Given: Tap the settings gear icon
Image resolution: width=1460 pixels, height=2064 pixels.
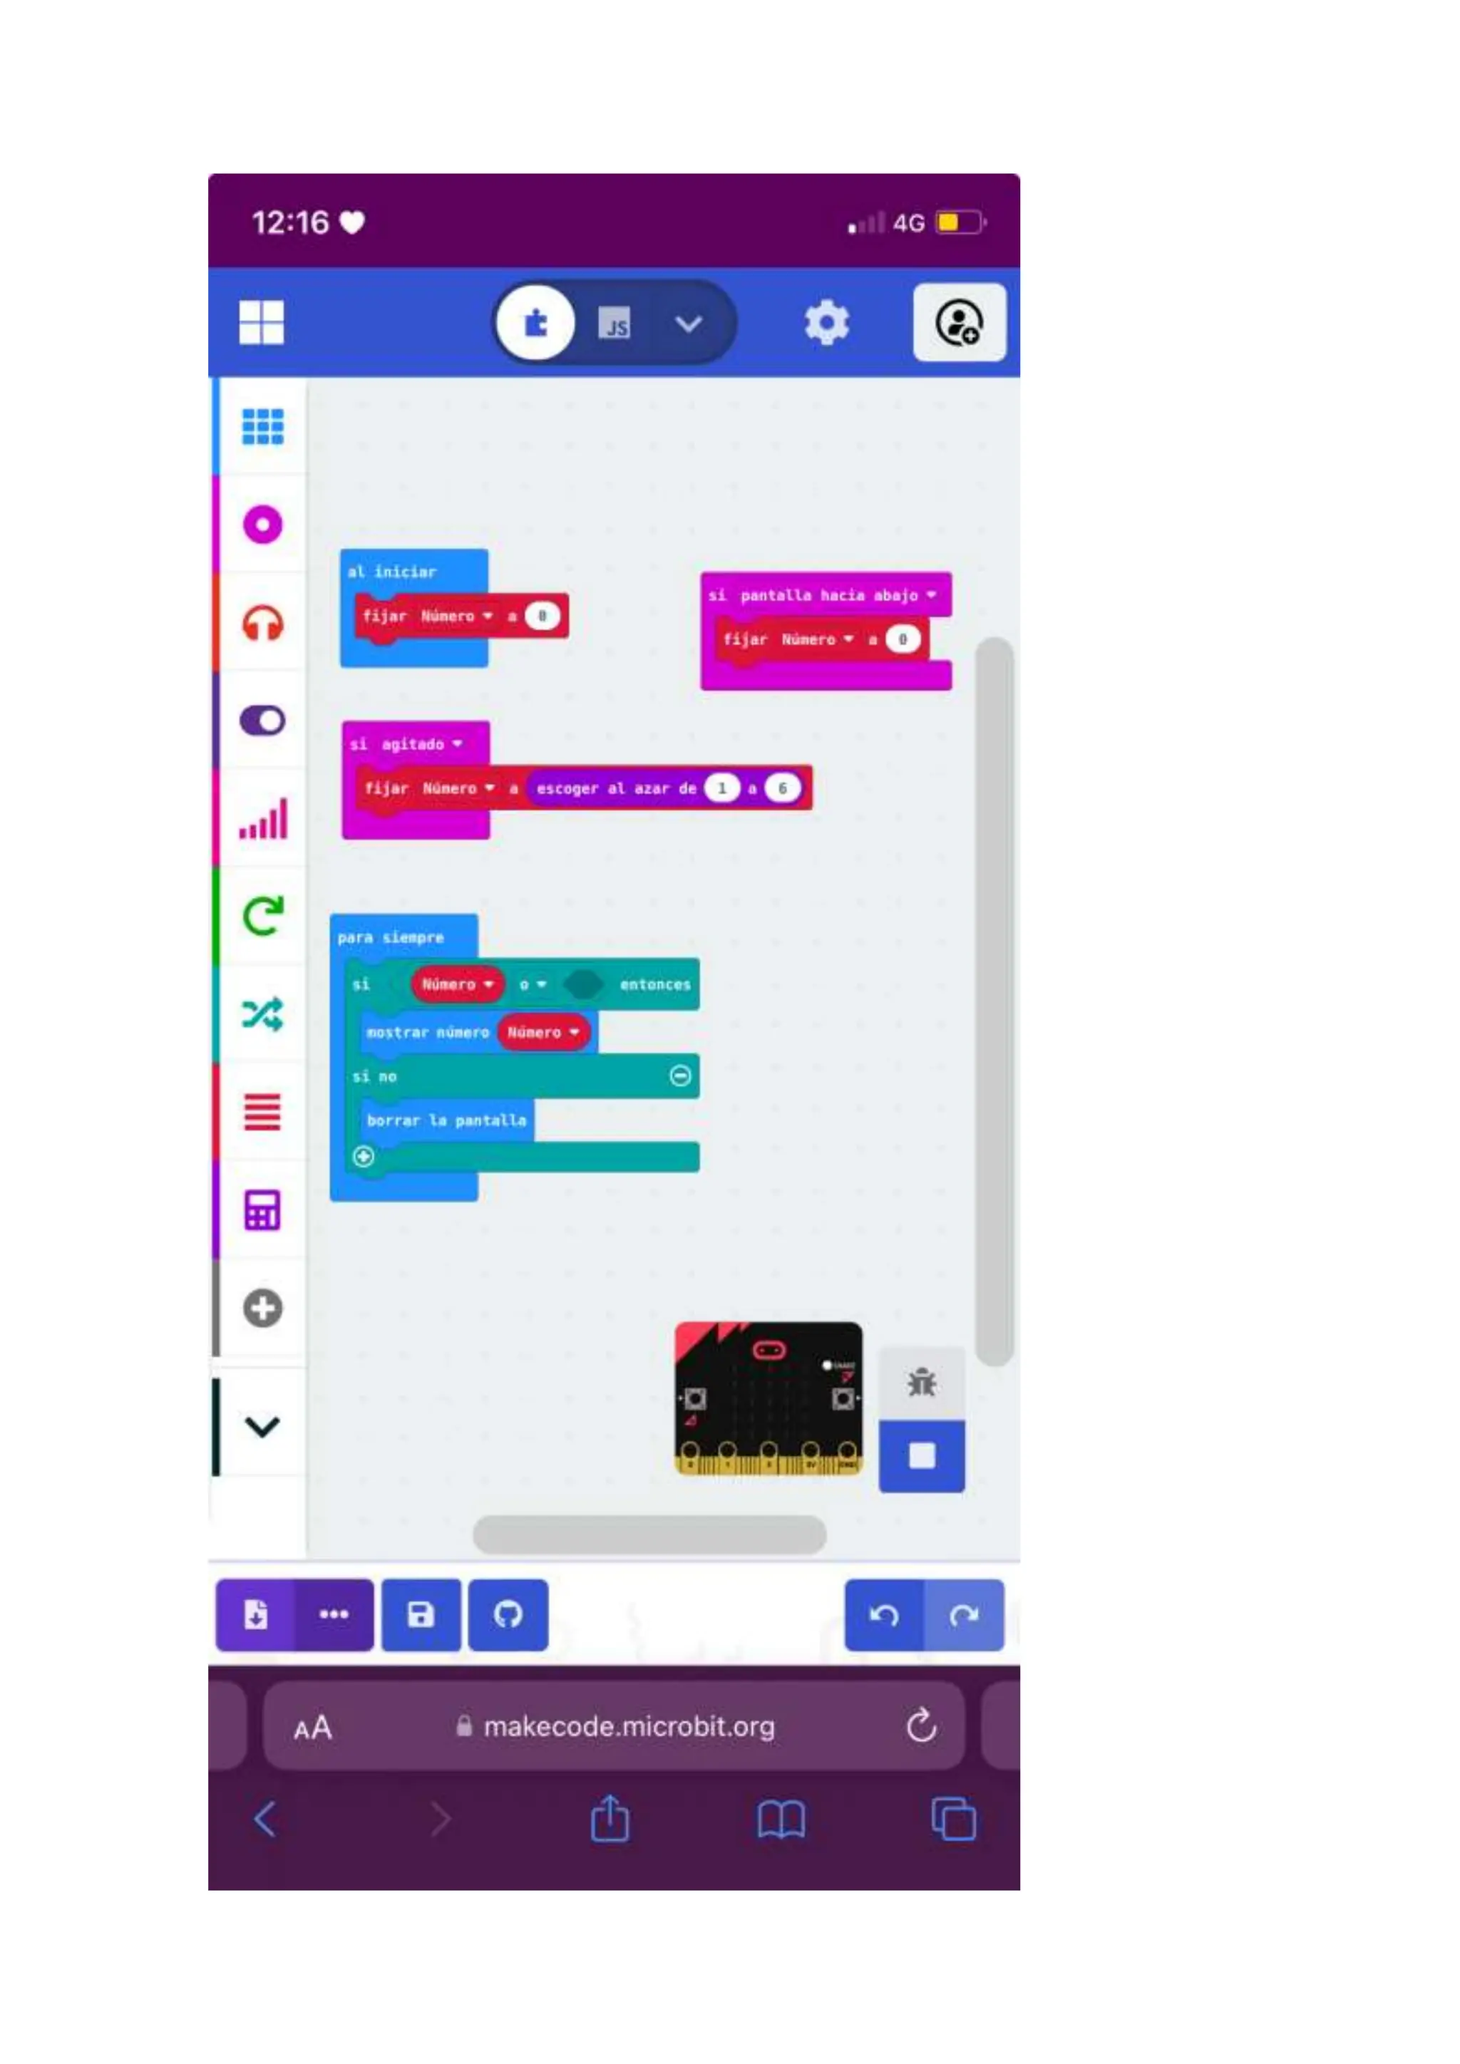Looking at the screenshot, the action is pyautogui.click(x=826, y=323).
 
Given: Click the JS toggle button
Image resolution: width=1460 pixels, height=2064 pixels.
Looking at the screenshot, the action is pyautogui.click(x=615, y=324).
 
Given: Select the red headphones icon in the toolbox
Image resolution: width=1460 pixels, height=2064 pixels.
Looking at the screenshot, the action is pyautogui.click(x=262, y=623).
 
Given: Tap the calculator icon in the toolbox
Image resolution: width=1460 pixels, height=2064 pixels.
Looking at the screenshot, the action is pyautogui.click(x=262, y=1210).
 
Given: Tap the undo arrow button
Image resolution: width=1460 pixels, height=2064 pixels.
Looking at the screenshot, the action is pyautogui.click(x=884, y=1616).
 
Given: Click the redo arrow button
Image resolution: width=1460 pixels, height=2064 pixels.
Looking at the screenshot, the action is pyautogui.click(x=964, y=1616).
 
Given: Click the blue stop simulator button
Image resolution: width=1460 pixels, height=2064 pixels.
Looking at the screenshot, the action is pyautogui.click(x=922, y=1455).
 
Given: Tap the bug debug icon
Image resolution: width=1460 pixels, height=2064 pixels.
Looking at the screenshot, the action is pyautogui.click(x=922, y=1383).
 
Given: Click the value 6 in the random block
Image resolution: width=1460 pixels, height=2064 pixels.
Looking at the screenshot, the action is pyautogui.click(x=782, y=788).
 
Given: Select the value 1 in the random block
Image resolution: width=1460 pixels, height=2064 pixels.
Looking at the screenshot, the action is pyautogui.click(x=721, y=788).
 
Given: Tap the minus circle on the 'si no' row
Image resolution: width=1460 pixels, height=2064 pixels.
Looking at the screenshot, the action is pyautogui.click(x=681, y=1076).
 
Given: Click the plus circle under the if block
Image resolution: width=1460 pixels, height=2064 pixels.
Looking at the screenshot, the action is pyautogui.click(x=363, y=1156).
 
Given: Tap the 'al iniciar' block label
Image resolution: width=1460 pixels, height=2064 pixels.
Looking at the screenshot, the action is pyautogui.click(x=392, y=572).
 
